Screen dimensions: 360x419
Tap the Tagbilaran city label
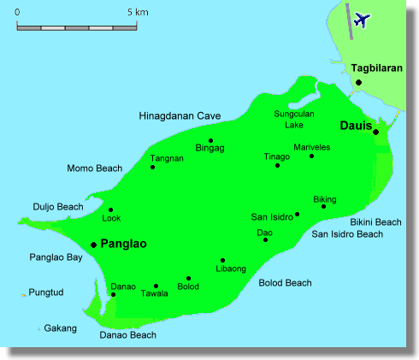[x=376, y=68]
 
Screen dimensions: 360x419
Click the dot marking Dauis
[x=375, y=132]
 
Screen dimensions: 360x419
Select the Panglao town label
[x=124, y=244]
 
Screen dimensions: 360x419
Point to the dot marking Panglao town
[x=93, y=245]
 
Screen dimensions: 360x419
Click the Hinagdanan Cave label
[x=180, y=115]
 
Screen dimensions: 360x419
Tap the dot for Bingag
[x=210, y=141]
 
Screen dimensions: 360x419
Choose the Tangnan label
[x=167, y=158]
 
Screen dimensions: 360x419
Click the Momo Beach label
[x=95, y=168]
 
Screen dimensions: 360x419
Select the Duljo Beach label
[x=58, y=207]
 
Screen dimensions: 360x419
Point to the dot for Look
[x=110, y=210]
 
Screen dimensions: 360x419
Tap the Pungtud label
[x=46, y=292]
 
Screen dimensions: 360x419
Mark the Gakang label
[x=61, y=328]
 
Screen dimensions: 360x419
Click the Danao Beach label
[x=128, y=335]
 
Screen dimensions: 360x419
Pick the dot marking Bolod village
[x=188, y=278]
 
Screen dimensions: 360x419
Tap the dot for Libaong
[x=222, y=260]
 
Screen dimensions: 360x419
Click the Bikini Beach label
[x=376, y=221]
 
